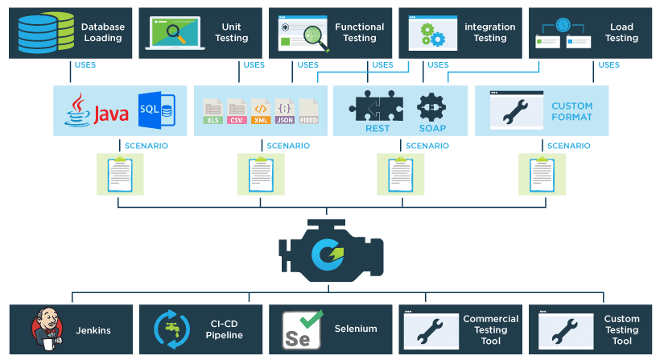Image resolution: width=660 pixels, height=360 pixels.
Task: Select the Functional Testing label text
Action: (359, 32)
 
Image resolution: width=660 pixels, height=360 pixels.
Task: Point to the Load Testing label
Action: (621, 32)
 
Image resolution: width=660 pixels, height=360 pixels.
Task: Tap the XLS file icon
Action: (213, 110)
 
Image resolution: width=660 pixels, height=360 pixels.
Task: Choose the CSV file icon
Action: (237, 110)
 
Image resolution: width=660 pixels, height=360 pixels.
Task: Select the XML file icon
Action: (261, 110)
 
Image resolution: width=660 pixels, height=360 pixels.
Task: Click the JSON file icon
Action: (284, 110)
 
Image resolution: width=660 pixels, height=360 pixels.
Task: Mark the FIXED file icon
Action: (308, 110)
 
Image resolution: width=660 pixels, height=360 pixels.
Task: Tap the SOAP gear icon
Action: (431, 107)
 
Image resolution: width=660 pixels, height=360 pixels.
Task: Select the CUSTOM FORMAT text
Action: (571, 111)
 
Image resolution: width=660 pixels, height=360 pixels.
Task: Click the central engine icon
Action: (330, 250)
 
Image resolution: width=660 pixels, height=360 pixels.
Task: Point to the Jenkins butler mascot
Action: (46, 329)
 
